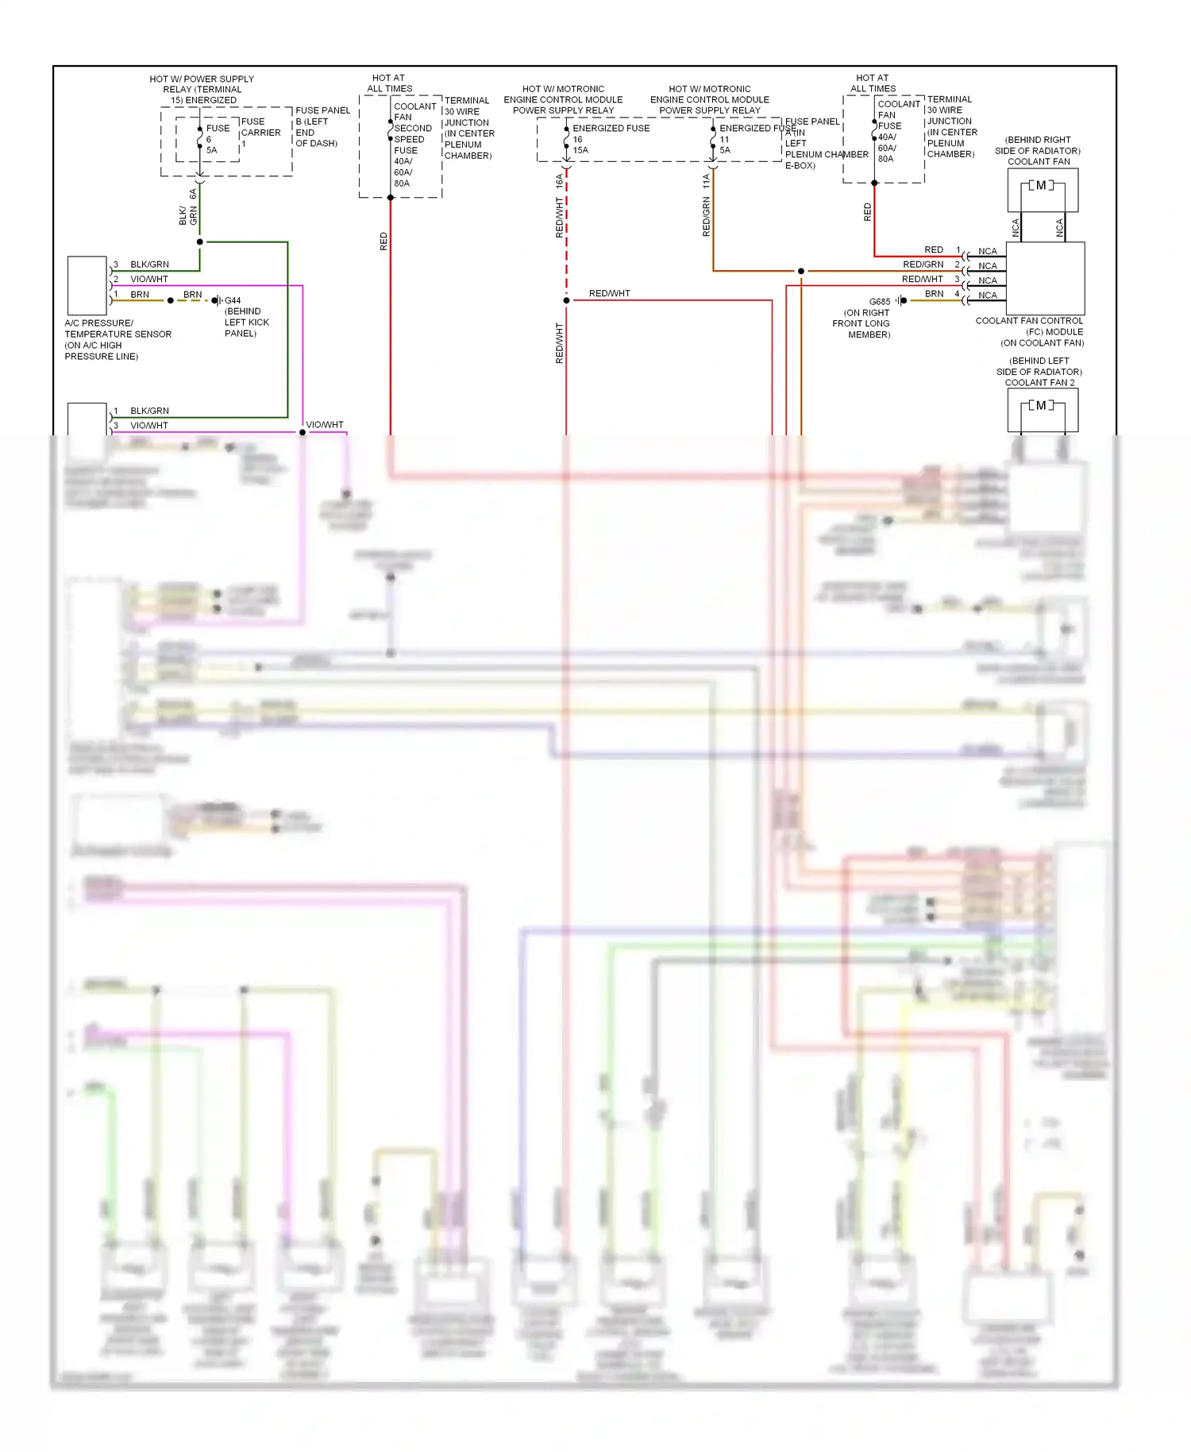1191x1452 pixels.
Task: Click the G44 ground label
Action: click(233, 300)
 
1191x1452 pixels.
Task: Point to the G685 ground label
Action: click(880, 302)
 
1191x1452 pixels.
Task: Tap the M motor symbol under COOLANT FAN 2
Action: click(1041, 406)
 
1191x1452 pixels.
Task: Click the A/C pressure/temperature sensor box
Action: click(87, 286)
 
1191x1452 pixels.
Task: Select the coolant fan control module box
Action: click(1045, 278)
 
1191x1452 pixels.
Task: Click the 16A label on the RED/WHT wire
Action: click(560, 181)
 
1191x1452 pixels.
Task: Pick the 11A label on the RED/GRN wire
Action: click(706, 181)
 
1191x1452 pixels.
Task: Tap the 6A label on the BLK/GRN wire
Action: click(193, 194)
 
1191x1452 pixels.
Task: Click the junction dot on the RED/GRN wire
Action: click(800, 272)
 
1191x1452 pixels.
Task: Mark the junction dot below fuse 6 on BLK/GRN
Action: click(199, 241)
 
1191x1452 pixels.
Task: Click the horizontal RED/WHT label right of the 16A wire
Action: click(609, 294)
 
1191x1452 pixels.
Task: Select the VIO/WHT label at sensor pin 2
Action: click(149, 280)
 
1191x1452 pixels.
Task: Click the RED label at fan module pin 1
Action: click(934, 250)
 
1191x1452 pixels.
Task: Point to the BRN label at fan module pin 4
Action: click(934, 294)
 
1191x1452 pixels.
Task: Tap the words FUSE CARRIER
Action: click(260, 127)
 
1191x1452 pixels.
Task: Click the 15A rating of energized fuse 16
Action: click(580, 150)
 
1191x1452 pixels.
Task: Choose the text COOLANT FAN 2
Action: click(1039, 383)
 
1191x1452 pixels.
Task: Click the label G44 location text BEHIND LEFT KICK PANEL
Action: click(246, 322)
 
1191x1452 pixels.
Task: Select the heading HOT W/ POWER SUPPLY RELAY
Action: click(202, 84)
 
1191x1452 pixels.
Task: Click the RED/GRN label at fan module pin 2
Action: click(923, 265)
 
